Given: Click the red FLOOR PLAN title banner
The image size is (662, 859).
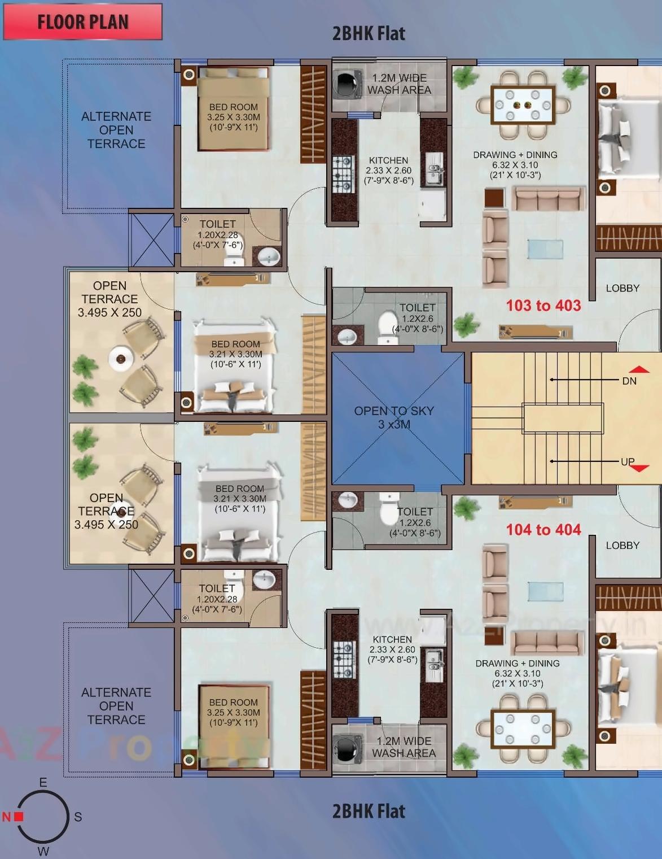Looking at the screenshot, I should [82, 22].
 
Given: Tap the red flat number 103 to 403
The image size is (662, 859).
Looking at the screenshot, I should [543, 306].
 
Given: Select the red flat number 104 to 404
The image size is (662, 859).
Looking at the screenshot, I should [543, 530].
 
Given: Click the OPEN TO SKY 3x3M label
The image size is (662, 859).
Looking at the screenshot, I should [394, 417].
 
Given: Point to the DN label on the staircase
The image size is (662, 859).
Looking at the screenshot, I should [629, 381].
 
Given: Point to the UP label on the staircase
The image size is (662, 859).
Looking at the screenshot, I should [628, 462].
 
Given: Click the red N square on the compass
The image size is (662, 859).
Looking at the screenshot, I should [19, 816].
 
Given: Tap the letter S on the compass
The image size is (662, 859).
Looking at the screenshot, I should [78, 817].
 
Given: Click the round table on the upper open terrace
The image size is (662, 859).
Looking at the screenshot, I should [120, 358].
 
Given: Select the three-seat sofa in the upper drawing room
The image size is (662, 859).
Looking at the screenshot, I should [548, 199].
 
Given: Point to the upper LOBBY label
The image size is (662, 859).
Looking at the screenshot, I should [622, 288].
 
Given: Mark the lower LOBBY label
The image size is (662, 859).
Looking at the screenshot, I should [622, 546].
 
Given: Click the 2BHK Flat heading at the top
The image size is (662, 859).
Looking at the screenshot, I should [369, 33].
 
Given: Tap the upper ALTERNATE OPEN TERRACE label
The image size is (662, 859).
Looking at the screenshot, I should [116, 130].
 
